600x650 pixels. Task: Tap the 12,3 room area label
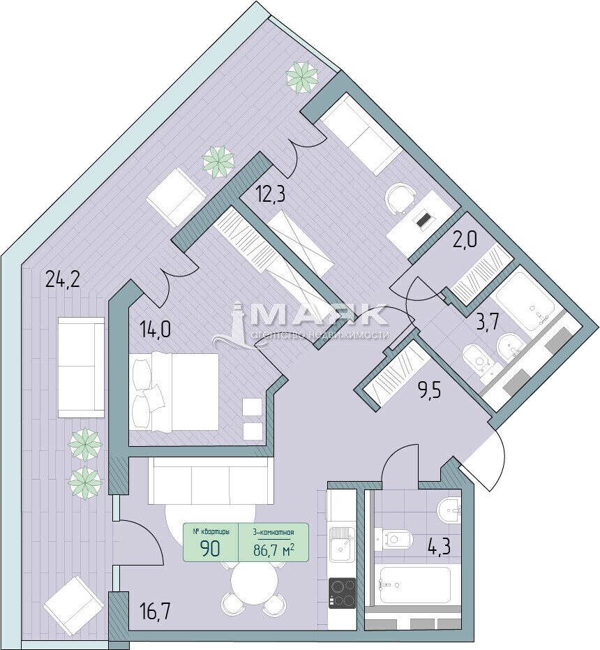[x=270, y=194]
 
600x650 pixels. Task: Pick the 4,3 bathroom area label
[x=438, y=546]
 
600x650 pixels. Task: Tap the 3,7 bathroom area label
[x=487, y=321]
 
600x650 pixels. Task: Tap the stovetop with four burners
[x=343, y=593]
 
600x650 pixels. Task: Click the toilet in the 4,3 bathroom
[x=393, y=539]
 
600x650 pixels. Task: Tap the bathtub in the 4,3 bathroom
[x=415, y=585]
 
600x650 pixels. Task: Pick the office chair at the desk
[x=400, y=198]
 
